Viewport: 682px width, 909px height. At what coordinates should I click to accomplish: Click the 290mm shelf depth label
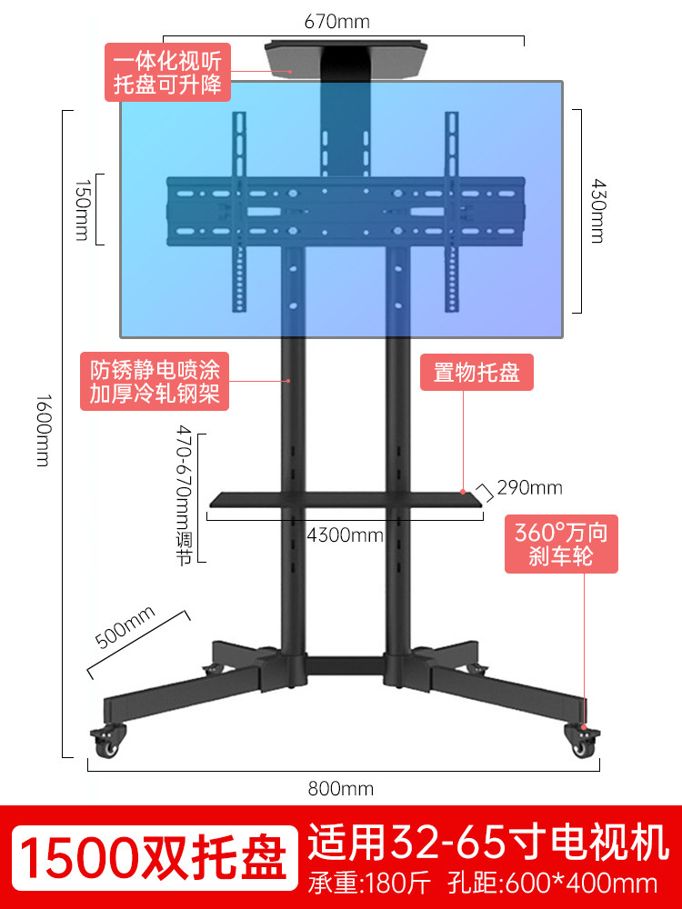coord(530,488)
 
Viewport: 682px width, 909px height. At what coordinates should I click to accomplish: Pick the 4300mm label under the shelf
coord(345,534)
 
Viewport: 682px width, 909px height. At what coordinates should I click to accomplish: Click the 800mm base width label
coord(341,789)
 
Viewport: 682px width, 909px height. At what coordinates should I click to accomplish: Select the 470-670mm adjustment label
coord(184,495)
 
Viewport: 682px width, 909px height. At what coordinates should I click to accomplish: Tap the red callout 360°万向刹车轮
coord(561,543)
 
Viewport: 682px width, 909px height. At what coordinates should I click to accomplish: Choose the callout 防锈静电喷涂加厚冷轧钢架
coord(155,382)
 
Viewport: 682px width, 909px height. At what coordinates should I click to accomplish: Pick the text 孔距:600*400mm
coord(552,884)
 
